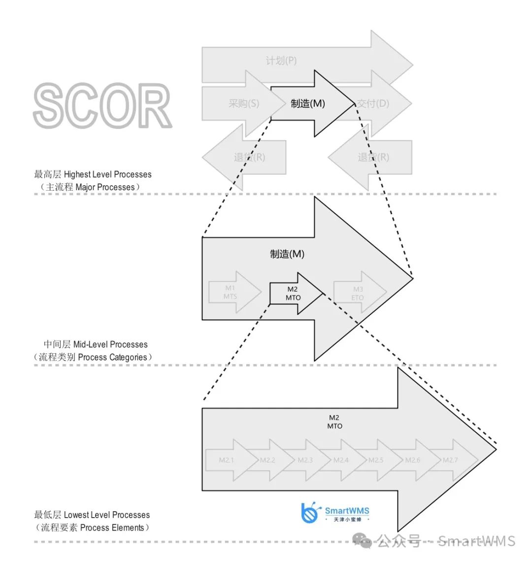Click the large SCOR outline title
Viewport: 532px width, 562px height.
point(102,106)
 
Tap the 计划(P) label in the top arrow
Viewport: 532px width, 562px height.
point(281,61)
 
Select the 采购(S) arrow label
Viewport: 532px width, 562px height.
point(243,103)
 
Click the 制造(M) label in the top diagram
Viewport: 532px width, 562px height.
point(308,103)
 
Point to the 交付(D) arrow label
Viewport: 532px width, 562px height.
point(373,103)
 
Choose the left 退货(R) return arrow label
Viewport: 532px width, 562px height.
point(249,157)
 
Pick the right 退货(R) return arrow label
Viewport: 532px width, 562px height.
point(373,157)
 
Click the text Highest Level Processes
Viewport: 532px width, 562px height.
point(107,174)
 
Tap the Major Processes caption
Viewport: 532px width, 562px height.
point(105,187)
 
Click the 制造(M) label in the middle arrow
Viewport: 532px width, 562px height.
point(287,254)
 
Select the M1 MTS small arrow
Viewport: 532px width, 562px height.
point(231,292)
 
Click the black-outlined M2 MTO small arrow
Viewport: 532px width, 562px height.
point(293,293)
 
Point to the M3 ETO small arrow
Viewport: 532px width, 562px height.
point(358,293)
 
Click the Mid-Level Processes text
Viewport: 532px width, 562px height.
point(110,344)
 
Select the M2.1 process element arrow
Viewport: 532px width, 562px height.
point(227,460)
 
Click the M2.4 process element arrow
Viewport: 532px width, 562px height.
point(341,460)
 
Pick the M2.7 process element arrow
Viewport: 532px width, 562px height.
point(450,460)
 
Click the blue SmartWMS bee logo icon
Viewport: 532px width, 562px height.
point(310,513)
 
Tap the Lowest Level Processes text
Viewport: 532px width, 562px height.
point(106,515)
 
